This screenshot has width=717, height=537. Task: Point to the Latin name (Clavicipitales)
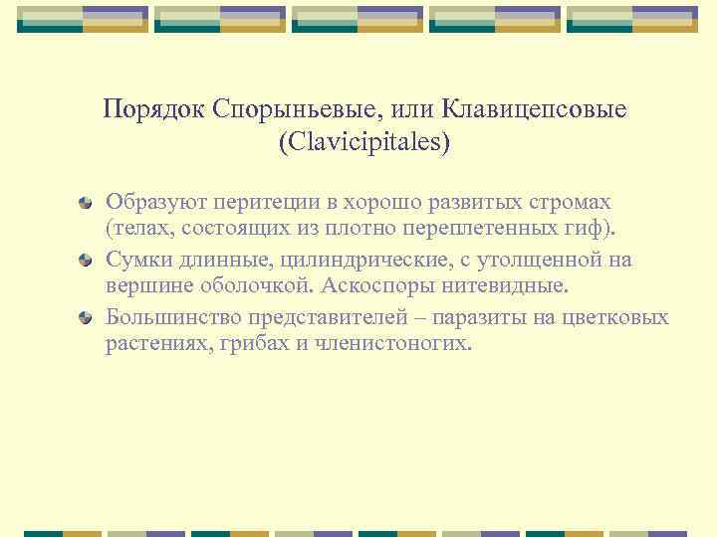[x=364, y=143]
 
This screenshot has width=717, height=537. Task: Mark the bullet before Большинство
[x=87, y=319]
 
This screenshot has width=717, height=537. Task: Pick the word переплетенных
[x=485, y=231]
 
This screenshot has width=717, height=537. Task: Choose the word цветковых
[x=619, y=317]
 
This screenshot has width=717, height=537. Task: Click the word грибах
[x=249, y=346]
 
